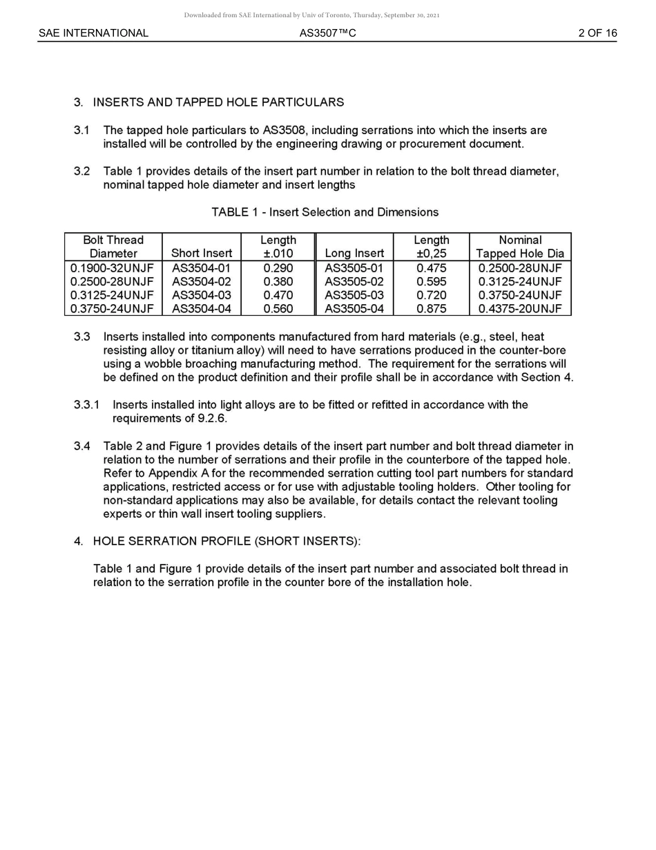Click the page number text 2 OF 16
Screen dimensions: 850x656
pos(597,33)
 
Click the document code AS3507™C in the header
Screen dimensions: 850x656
pos(328,33)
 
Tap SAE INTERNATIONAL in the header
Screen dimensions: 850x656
pos(93,33)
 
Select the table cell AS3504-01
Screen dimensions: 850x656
pos(201,268)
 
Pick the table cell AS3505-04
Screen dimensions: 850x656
pos(354,309)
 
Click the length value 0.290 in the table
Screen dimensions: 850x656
pos(278,268)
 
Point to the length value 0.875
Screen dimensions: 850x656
pos(432,309)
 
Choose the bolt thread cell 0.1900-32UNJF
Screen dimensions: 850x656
pos(113,268)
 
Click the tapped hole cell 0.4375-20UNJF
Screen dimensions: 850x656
pos(520,309)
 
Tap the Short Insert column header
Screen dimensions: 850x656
pos(201,254)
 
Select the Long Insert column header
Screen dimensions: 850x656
pos(354,254)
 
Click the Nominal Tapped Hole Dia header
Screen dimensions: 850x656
pos(520,247)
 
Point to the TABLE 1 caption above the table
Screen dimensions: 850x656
pos(325,212)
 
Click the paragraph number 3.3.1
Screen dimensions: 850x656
pos(86,405)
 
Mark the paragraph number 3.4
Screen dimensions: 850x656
pos(81,446)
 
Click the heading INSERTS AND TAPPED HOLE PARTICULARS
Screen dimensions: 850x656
pos(218,102)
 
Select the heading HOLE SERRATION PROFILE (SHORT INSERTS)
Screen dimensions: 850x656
pos(226,541)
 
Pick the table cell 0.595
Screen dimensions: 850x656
pos(432,282)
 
